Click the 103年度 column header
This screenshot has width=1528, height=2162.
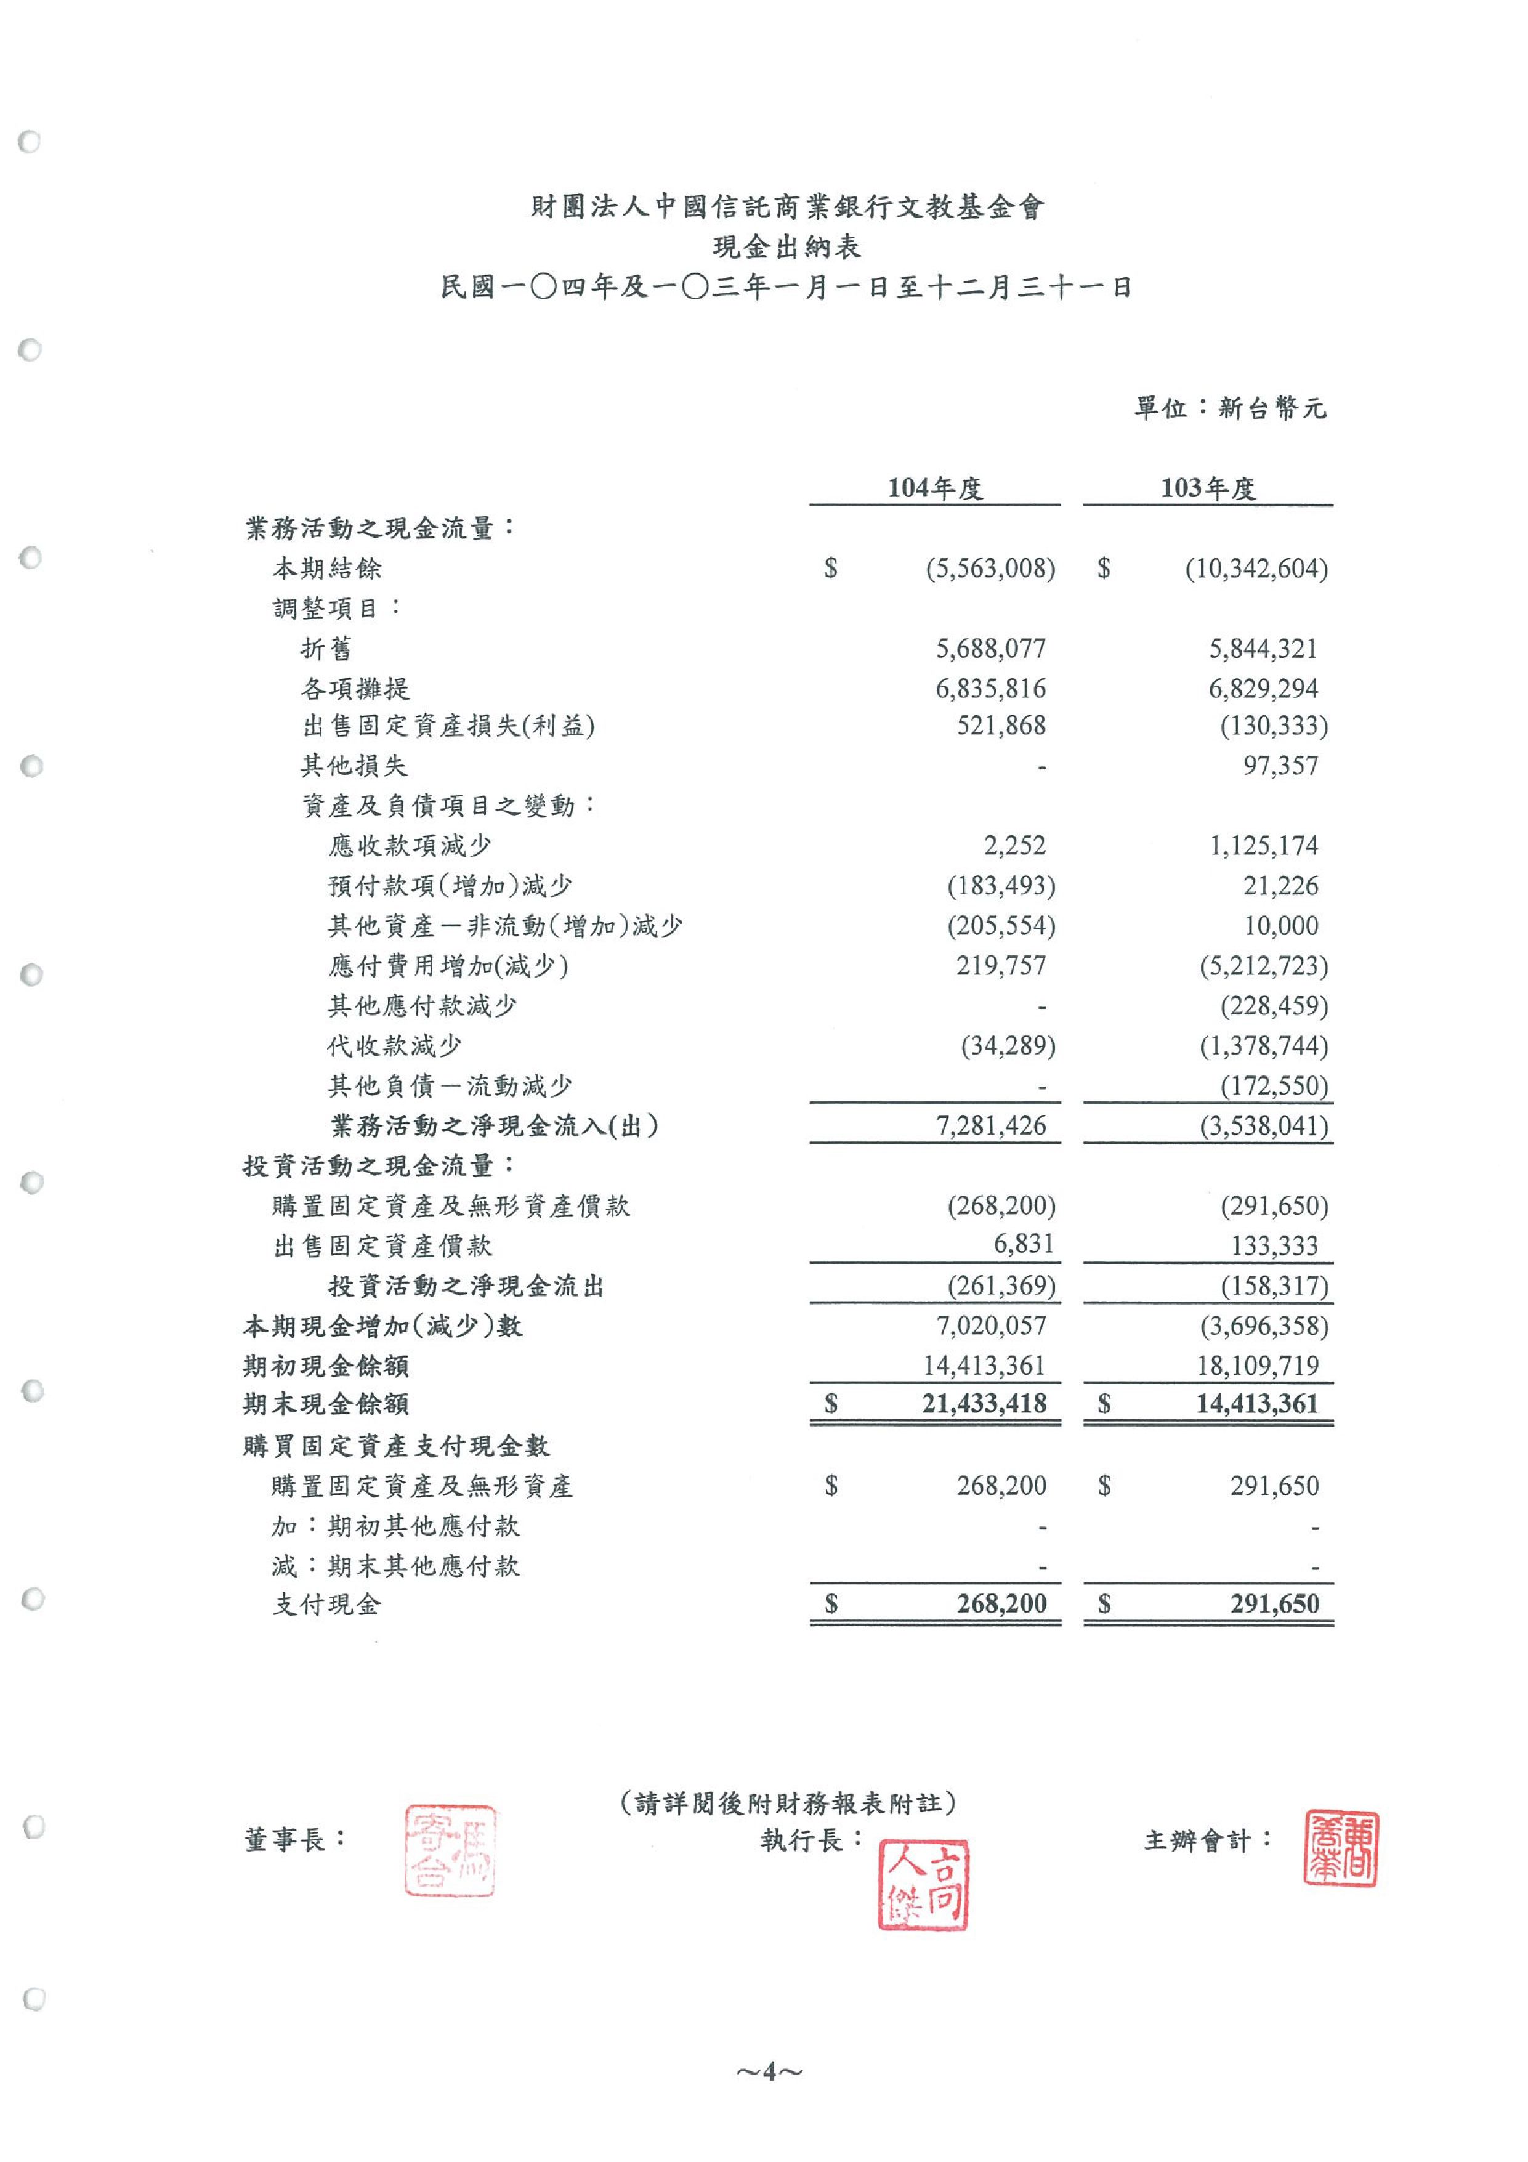(1207, 488)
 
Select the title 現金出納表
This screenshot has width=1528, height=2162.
(786, 248)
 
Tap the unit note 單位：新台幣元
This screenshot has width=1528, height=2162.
(1229, 408)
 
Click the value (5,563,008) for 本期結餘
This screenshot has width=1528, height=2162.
(990, 569)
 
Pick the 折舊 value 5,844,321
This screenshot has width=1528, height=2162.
(1263, 649)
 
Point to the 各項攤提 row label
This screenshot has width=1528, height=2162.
(355, 689)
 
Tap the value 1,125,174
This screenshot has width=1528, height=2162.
(1263, 846)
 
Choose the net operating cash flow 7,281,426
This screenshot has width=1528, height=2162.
(990, 1126)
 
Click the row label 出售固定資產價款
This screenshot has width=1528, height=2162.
(382, 1247)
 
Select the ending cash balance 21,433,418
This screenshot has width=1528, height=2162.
(984, 1404)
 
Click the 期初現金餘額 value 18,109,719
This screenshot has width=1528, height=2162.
(1259, 1366)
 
